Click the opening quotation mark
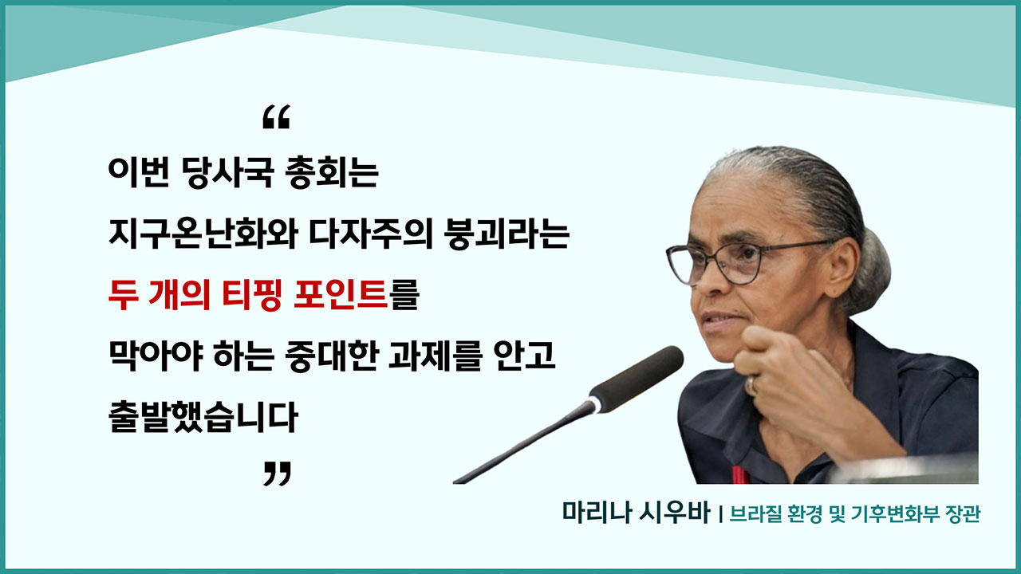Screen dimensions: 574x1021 276,118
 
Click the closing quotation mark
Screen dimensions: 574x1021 276,474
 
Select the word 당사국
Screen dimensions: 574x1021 224,174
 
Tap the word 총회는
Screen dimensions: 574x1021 329,174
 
